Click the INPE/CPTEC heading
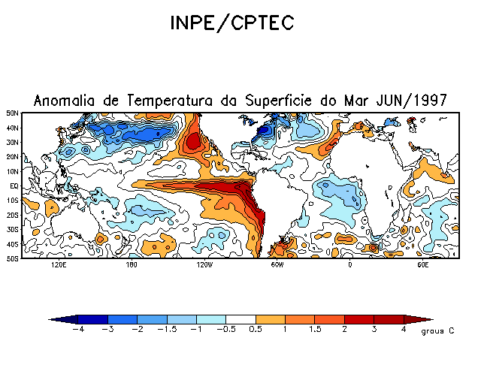click(230, 23)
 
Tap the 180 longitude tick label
click(132, 265)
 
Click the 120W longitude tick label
click(204, 265)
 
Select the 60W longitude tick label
click(277, 265)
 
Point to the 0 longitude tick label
click(349, 265)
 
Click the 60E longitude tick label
click(422, 265)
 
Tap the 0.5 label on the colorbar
click(256, 330)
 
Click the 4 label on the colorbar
click(404, 330)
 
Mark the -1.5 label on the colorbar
click(167, 330)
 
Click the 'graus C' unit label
click(437, 331)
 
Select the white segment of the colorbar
click(240, 319)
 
